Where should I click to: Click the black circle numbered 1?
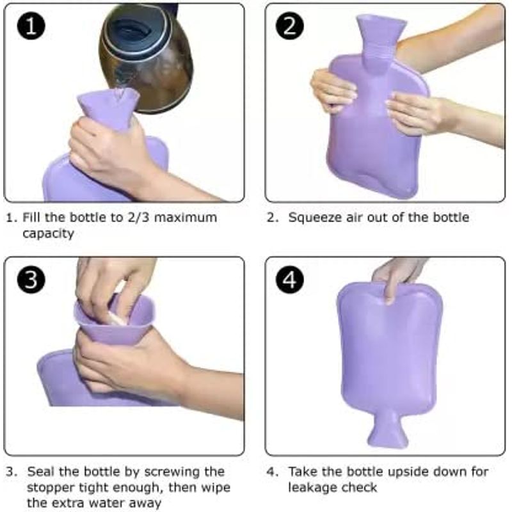[31, 26]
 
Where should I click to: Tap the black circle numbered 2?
[290, 26]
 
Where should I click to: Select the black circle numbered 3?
[31, 280]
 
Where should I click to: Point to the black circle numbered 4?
[290, 280]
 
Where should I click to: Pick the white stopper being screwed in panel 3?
[116, 317]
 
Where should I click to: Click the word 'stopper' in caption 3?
[49, 488]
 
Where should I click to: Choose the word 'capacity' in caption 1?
[49, 234]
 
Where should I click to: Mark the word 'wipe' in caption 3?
[216, 488]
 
